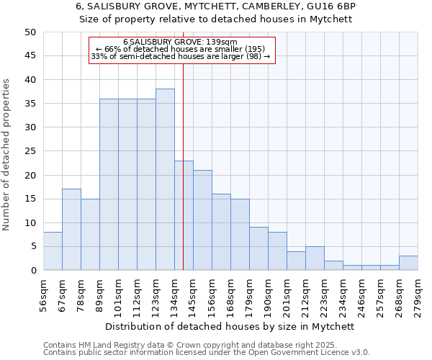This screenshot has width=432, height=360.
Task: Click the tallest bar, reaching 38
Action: pyautogui.click(x=165, y=179)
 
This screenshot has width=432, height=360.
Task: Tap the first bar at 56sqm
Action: pyautogui.click(x=53, y=251)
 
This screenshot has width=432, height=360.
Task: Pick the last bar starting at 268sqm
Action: pyautogui.click(x=408, y=263)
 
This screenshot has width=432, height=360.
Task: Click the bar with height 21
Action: pyautogui.click(x=202, y=220)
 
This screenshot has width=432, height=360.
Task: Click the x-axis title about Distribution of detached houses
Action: pyautogui.click(x=230, y=326)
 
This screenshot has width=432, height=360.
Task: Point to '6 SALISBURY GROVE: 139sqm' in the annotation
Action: pyautogui.click(x=180, y=42)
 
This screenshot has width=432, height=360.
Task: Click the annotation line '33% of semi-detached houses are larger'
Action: pyautogui.click(x=180, y=56)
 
